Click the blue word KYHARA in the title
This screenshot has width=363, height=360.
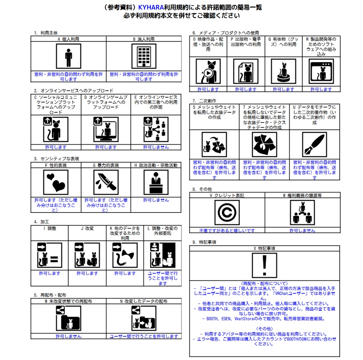(151, 7)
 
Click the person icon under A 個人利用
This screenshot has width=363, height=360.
(68, 56)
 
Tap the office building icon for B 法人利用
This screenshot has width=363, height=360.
(144, 56)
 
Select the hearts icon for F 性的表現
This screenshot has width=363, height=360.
(56, 182)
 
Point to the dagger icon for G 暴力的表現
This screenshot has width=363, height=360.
(106, 182)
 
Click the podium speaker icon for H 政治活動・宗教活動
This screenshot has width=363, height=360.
(156, 182)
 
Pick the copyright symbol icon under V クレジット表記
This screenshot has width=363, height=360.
(227, 212)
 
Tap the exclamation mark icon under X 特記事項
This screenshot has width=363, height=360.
(264, 265)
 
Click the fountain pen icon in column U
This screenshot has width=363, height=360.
(315, 145)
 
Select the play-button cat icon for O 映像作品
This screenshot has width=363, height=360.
(208, 71)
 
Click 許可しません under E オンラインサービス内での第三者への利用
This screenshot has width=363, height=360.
(156, 147)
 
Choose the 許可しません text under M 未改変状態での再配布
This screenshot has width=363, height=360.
(68, 336)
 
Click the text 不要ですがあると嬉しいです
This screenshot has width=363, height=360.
(227, 231)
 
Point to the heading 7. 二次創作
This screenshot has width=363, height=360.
(204, 101)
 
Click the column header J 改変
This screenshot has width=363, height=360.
(87, 228)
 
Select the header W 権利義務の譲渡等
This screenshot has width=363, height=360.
(302, 195)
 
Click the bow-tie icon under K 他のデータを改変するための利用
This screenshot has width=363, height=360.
(125, 255)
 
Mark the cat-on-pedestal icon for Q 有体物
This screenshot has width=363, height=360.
(284, 71)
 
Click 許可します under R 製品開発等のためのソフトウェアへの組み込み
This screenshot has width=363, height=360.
(321, 89)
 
